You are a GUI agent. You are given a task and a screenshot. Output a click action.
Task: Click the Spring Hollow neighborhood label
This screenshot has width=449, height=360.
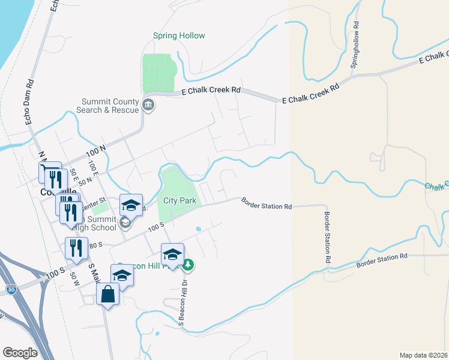[179, 36]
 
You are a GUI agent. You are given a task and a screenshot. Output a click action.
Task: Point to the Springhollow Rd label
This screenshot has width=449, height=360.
[355, 44]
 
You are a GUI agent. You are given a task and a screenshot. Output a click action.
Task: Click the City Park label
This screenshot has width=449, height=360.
[180, 201]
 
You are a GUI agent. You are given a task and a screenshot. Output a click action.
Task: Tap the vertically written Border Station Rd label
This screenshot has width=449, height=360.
[328, 238]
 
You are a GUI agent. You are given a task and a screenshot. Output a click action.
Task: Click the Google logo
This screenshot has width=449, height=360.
[20, 353]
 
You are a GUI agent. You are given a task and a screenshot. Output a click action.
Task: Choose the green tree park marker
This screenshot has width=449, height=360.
[188, 264]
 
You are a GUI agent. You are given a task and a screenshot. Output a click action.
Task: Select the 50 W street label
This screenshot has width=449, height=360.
[74, 278]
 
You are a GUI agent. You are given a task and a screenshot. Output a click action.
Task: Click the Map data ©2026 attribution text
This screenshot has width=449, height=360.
[424, 355]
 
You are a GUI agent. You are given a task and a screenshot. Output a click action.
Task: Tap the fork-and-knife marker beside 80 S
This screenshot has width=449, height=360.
[76, 247]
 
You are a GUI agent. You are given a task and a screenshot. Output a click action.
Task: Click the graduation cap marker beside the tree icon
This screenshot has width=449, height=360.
[172, 253]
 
